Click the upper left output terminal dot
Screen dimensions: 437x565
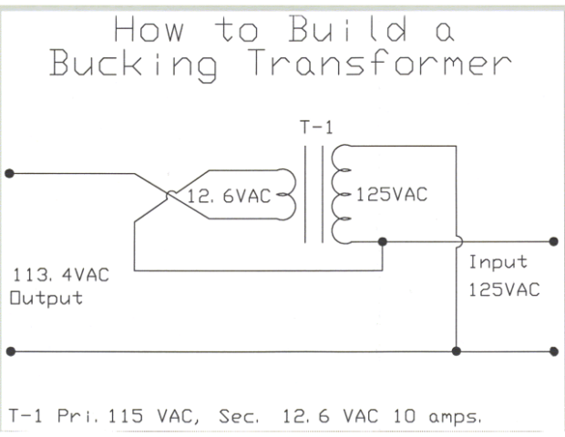coord(9,171)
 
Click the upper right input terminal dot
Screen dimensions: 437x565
coord(553,242)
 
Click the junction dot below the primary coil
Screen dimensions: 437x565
coord(382,242)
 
